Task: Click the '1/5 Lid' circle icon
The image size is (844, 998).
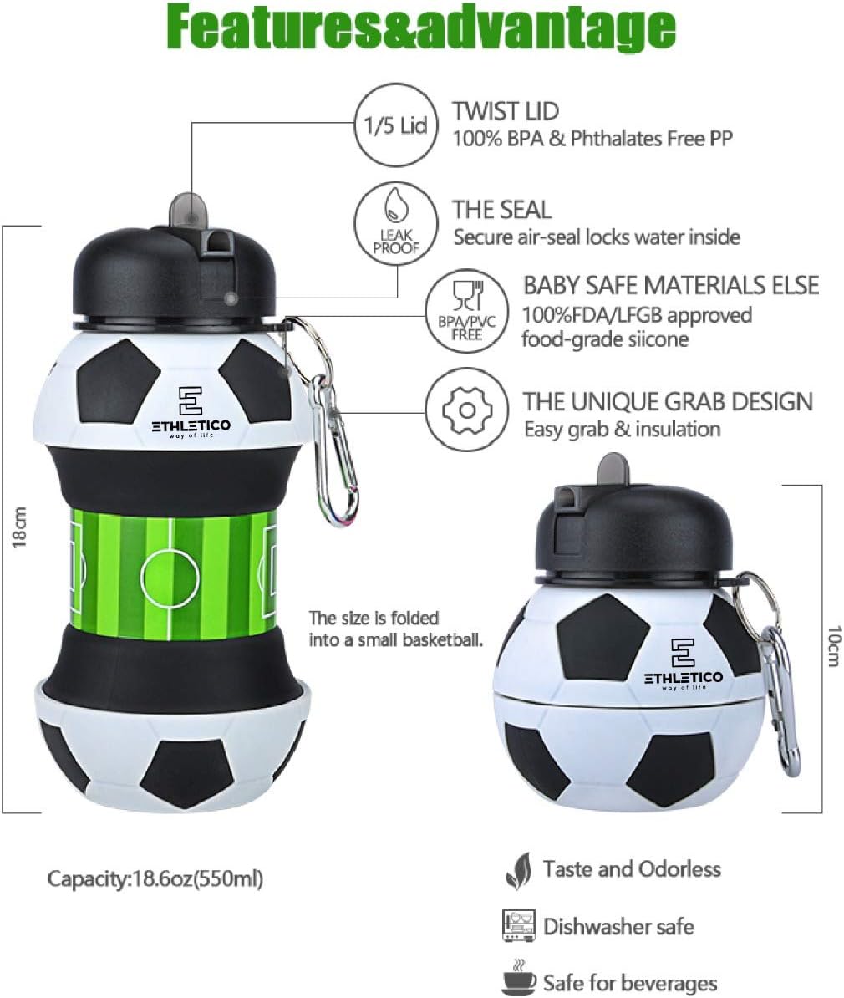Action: pyautogui.click(x=396, y=125)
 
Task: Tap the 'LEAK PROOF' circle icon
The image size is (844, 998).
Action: pyautogui.click(x=396, y=225)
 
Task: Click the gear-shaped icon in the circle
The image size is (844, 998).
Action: pyautogui.click(x=466, y=410)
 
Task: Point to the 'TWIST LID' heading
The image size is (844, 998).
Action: pyautogui.click(x=506, y=111)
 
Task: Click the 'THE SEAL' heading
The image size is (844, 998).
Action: pyautogui.click(x=502, y=209)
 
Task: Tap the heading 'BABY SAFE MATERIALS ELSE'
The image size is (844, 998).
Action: pyautogui.click(x=671, y=285)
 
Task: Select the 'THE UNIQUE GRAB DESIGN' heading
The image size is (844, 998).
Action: pyautogui.click(x=668, y=401)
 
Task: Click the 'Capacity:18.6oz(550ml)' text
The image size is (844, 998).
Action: pyautogui.click(x=155, y=878)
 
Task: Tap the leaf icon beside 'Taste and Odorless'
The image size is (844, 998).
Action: pyautogui.click(x=518, y=871)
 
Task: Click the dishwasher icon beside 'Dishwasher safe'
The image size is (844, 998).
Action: pyautogui.click(x=518, y=925)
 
